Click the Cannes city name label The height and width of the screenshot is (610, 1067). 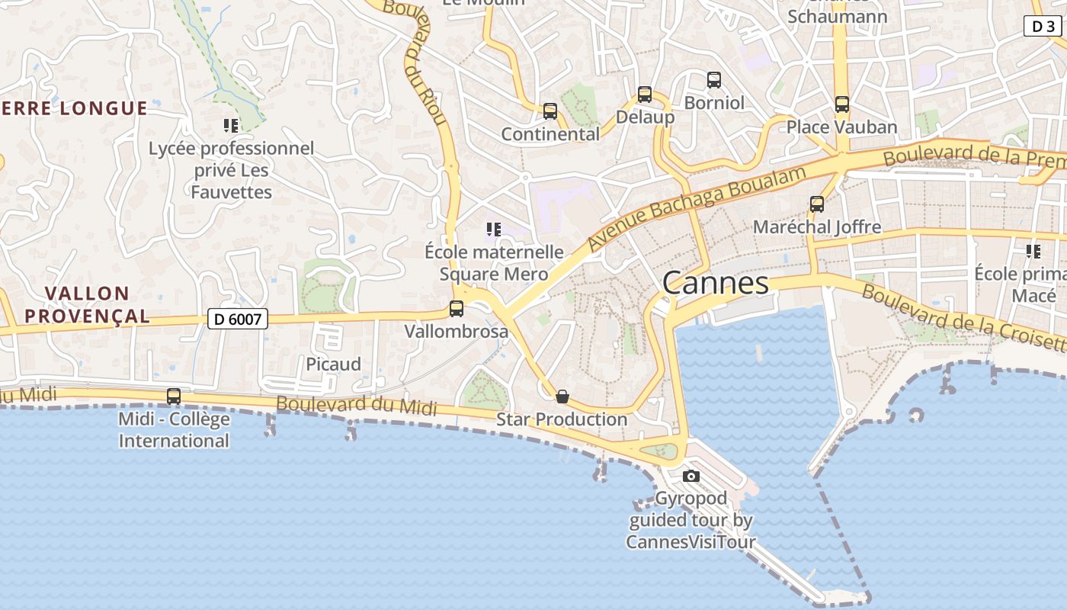(715, 284)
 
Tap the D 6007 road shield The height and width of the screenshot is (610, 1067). (238, 319)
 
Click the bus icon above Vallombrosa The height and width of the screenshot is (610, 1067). (457, 309)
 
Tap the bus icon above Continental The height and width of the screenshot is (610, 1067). (550, 111)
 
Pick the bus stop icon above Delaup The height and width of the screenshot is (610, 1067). (645, 95)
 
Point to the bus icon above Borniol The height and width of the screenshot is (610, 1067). (714, 79)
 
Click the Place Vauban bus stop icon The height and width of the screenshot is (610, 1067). (842, 104)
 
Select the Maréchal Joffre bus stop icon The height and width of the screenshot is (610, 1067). (817, 204)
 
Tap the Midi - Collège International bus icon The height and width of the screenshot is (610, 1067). (174, 396)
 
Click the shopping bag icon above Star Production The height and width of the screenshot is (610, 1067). (562, 396)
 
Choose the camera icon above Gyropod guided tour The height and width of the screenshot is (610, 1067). (691, 477)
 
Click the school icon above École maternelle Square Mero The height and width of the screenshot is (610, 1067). (494, 229)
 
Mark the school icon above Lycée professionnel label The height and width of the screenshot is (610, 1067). (231, 125)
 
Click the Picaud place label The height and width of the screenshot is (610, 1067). (333, 364)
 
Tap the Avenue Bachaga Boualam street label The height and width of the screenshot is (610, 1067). (697, 209)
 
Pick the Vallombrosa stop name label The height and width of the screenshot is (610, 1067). (456, 332)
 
